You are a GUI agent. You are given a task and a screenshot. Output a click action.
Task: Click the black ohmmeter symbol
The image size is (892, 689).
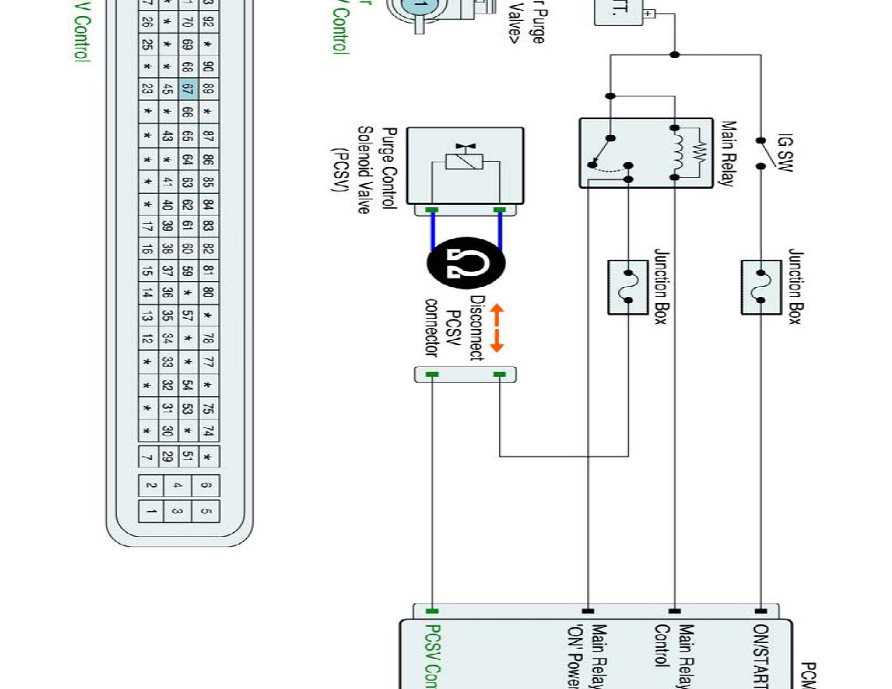pyautogui.click(x=466, y=264)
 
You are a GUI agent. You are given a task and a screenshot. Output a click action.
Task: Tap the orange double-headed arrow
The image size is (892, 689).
pyautogui.click(x=496, y=328)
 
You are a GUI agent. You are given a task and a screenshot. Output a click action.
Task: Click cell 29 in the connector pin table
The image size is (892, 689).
pyautogui.click(x=166, y=457)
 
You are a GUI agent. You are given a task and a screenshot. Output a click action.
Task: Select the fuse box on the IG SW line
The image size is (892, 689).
pyautogui.click(x=760, y=287)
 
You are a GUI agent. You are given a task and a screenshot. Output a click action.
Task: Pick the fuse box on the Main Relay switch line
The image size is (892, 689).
pyautogui.click(x=627, y=287)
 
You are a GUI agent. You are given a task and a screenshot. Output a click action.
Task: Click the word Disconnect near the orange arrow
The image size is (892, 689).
pyautogui.click(x=476, y=328)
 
